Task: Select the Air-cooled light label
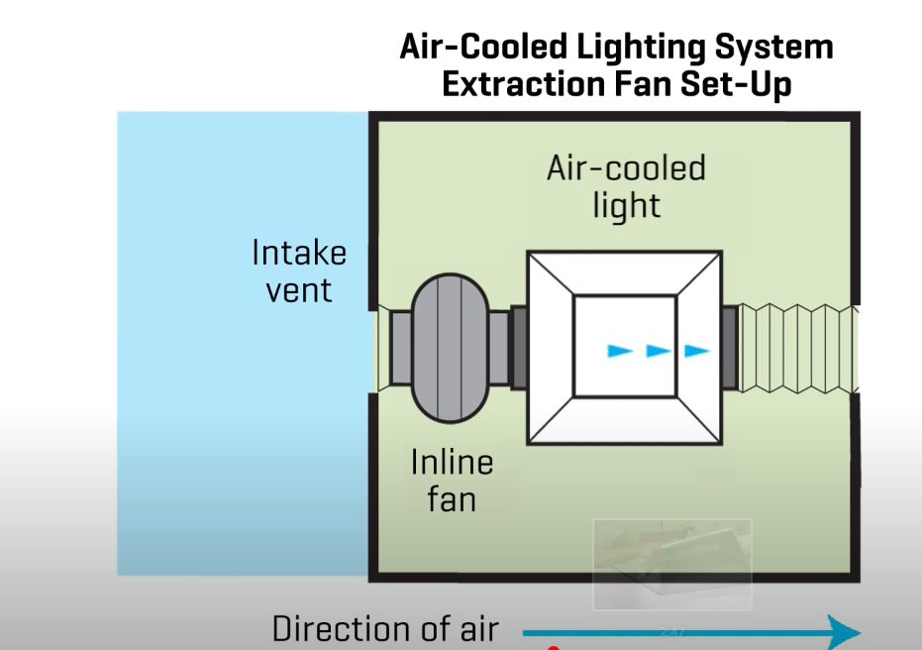(626, 186)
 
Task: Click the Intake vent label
(299, 271)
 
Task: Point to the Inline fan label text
(452, 480)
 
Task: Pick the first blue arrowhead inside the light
(620, 351)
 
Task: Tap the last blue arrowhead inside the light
(697, 351)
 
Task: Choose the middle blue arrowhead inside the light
(659, 351)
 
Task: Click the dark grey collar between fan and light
(518, 347)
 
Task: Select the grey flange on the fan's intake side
(399, 347)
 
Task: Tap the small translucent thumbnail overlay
(671, 564)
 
